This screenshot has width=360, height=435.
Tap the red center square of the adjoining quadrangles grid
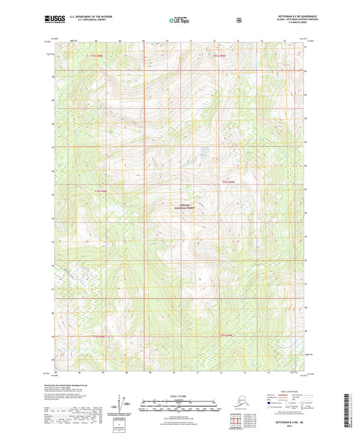236,424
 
